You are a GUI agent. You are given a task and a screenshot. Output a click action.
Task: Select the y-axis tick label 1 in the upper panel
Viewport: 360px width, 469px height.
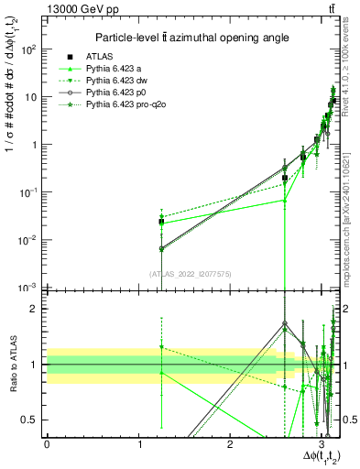(36, 145)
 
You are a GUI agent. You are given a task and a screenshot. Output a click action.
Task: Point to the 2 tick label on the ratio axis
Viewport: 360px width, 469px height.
(37, 309)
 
